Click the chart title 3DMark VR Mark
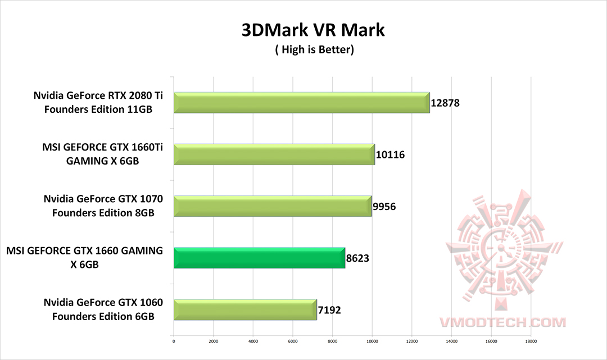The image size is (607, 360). tap(313, 30)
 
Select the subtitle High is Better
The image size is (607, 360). tap(314, 50)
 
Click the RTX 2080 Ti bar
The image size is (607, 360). tap(302, 103)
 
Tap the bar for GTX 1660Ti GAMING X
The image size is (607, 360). tap(274, 154)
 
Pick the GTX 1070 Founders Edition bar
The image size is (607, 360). tap(273, 206)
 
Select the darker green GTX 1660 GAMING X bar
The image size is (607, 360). tap(259, 258)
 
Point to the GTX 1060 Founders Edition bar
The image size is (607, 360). tap(245, 309)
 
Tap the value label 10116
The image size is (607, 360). tap(390, 155)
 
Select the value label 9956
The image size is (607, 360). tap(384, 207)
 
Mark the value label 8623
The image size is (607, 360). tap(357, 258)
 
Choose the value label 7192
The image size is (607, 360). tap(329, 310)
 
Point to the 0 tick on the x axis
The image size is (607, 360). tap(174, 340)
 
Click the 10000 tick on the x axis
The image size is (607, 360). tap(372, 340)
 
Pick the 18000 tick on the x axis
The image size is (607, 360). tap(531, 340)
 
